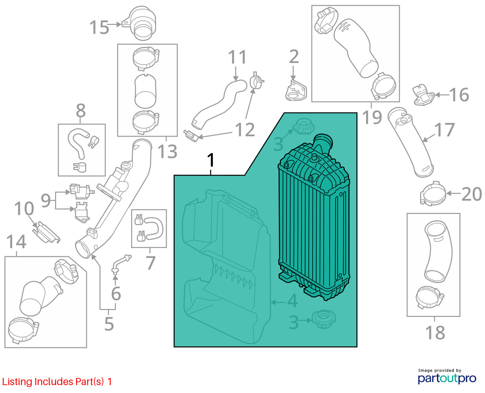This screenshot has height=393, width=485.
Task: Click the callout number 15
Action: point(99,27)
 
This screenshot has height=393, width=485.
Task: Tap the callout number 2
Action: point(294,57)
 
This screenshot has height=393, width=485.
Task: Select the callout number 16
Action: point(459,95)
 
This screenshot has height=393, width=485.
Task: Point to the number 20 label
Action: point(471,194)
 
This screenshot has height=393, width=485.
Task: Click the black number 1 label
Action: point(211,160)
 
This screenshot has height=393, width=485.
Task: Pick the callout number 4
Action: point(292,301)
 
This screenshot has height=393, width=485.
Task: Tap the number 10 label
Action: point(24,209)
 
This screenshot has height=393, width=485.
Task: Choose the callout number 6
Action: point(116,294)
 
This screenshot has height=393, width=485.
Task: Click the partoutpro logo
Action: point(447,377)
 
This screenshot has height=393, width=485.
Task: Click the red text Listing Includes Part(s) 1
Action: point(57,382)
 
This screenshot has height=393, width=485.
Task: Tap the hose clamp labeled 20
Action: point(432,194)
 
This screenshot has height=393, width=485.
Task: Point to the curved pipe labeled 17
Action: point(411,143)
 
